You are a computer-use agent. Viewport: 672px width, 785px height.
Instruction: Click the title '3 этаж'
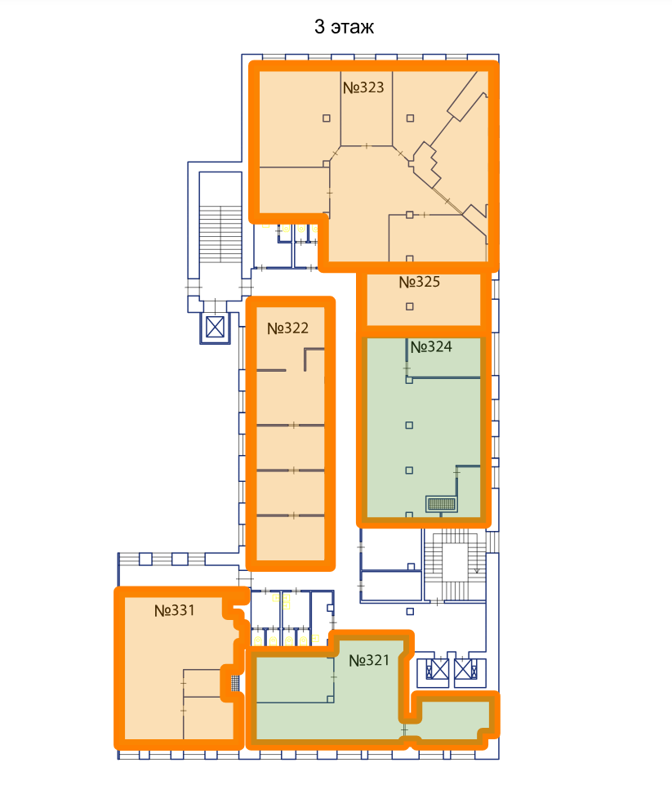click(344, 26)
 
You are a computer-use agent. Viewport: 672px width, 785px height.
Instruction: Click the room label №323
click(363, 87)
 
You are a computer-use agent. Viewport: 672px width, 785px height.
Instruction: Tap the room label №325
click(420, 282)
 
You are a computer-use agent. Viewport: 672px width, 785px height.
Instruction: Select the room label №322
click(287, 328)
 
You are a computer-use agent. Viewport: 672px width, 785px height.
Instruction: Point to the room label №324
click(431, 346)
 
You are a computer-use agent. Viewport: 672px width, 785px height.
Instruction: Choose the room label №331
click(174, 610)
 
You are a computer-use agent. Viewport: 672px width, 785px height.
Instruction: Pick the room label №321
click(369, 660)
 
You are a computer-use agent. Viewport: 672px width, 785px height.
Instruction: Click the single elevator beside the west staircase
click(216, 328)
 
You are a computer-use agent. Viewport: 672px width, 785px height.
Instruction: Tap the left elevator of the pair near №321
click(437, 669)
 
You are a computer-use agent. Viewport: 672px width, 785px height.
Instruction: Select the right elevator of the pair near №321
click(466, 669)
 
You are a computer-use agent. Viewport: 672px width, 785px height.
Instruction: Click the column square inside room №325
click(410, 306)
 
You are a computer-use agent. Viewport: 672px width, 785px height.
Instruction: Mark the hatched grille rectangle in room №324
click(441, 504)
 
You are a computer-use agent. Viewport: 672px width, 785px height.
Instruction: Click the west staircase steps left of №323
click(220, 234)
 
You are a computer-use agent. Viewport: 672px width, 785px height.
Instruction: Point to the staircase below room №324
click(455, 564)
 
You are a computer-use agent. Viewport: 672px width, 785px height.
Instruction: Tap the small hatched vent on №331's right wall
click(235, 683)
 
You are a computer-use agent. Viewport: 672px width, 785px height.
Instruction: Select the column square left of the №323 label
click(327, 118)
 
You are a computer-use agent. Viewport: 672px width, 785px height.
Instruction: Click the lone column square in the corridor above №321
click(410, 611)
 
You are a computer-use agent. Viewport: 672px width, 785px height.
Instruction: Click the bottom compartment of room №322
click(290, 538)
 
